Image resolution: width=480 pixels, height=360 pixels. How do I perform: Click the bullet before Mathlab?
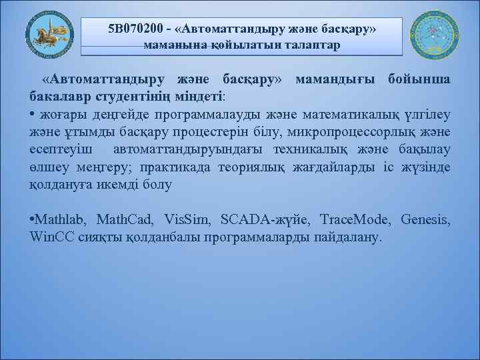coord(33,219)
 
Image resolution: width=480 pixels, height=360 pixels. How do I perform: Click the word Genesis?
coord(427,219)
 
